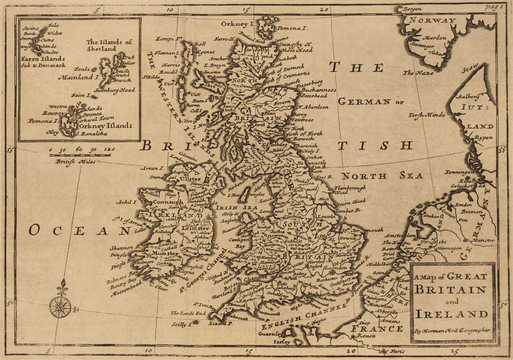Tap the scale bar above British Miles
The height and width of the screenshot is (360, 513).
[x=82, y=156]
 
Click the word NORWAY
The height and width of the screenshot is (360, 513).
[x=431, y=21]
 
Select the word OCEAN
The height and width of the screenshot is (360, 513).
[x=79, y=230]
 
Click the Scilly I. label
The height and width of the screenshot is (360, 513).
[x=180, y=325]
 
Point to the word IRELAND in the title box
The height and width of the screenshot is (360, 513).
[x=451, y=314]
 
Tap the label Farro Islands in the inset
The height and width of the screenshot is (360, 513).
[x=42, y=59]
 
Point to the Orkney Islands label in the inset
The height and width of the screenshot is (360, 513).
[x=104, y=126]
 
